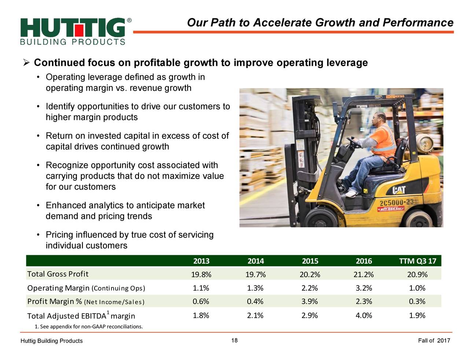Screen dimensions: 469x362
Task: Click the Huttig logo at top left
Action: point(75,31)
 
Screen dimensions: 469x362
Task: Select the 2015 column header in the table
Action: point(310,261)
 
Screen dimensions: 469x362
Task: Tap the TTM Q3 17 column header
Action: point(418,261)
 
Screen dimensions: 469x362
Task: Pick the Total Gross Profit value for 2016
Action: point(364,274)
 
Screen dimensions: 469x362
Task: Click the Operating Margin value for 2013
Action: point(201,288)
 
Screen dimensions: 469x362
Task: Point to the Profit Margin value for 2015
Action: point(310,301)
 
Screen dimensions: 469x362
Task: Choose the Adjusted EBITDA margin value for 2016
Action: point(364,316)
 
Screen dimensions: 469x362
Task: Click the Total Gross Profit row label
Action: point(58,274)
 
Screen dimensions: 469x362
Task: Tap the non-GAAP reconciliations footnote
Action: point(89,326)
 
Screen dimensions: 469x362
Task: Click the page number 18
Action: point(234,340)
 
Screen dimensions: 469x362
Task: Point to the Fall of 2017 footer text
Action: point(434,341)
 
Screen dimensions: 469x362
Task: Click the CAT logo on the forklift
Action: point(399,190)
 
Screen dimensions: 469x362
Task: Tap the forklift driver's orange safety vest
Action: point(385,141)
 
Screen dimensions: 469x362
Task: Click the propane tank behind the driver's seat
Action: point(425,143)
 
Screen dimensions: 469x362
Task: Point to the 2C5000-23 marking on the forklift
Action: point(396,203)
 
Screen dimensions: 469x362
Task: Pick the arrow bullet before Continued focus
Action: point(26,63)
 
